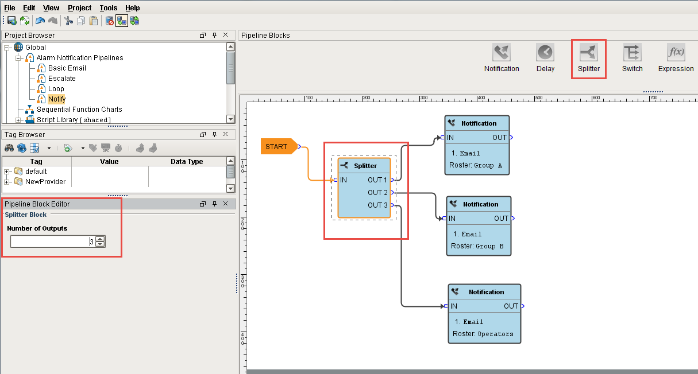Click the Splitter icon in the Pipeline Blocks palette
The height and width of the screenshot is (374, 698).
589,53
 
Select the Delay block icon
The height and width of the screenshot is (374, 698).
545,53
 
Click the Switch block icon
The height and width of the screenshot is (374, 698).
632,53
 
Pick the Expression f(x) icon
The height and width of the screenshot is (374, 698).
676,53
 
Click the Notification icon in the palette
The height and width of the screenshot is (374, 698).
502,53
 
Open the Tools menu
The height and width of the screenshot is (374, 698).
108,8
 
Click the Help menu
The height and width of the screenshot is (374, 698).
132,8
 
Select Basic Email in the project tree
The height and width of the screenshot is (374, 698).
67,68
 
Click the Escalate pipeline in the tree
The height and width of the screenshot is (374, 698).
61,79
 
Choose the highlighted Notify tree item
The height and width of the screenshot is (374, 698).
56,99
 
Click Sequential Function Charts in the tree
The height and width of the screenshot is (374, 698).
79,110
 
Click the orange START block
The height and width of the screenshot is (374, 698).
277,147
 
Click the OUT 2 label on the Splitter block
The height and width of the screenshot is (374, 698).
377,193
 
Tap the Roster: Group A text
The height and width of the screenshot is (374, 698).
476,165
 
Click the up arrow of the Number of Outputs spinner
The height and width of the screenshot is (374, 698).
100,239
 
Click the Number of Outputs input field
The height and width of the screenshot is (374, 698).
49,241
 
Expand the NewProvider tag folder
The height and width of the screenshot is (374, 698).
7,182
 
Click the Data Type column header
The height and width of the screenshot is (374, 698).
187,162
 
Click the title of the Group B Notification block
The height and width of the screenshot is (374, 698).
480,204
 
